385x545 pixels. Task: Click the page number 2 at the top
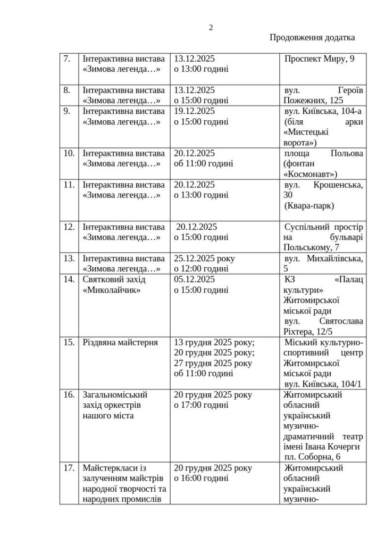(211, 28)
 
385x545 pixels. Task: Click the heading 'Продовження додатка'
(312, 37)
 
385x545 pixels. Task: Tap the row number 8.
(67, 89)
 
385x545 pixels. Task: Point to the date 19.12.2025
(194, 111)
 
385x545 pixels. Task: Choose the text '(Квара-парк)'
(309, 205)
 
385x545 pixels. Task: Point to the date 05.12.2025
(194, 279)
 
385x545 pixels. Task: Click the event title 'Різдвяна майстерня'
(120, 342)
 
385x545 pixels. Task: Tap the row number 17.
(69, 468)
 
